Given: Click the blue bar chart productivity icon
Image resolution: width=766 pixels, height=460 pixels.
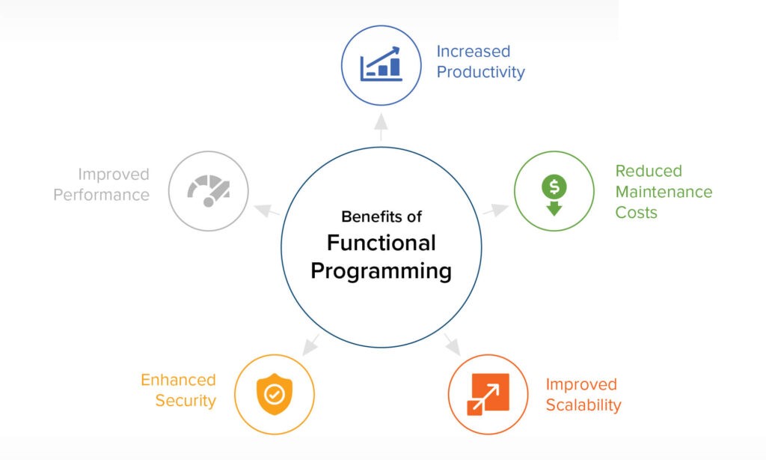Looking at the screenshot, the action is [381, 64].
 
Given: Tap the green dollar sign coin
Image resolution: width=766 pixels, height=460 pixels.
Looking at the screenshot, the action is [554, 186].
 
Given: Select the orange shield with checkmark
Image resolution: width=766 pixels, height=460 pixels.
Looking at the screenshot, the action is [275, 394].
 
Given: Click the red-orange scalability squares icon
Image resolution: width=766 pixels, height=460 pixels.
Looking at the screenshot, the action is [488, 394].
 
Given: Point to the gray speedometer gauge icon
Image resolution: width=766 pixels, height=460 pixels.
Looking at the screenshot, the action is [209, 191].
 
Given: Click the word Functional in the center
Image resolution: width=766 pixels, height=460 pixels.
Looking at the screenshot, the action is [381, 243].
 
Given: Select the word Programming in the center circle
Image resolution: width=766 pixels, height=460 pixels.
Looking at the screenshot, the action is [381, 271].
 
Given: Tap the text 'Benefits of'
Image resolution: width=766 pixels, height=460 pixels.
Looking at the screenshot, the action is [381, 217].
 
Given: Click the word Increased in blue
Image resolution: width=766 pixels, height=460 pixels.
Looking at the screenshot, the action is [474, 51].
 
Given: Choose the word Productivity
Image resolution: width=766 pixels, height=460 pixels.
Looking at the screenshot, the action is [481, 72].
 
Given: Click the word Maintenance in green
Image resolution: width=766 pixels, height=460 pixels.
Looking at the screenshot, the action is [664, 191].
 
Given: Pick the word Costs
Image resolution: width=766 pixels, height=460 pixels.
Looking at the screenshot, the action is [636, 212].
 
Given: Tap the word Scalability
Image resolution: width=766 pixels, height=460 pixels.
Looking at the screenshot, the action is [583, 405].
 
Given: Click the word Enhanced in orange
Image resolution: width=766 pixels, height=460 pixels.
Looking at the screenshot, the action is [178, 380].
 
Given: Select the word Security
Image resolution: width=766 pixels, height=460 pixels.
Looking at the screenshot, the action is [186, 400].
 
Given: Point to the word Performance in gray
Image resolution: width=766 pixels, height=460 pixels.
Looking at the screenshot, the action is [102, 195].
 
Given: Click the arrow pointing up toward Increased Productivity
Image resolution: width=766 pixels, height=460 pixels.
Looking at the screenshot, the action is [381, 127].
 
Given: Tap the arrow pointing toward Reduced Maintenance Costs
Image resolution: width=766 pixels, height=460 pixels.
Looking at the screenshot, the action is [496, 210].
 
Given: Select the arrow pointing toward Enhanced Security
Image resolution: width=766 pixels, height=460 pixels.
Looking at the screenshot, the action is [310, 345].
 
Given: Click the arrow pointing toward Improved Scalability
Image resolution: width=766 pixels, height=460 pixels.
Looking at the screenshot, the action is [453, 345].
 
